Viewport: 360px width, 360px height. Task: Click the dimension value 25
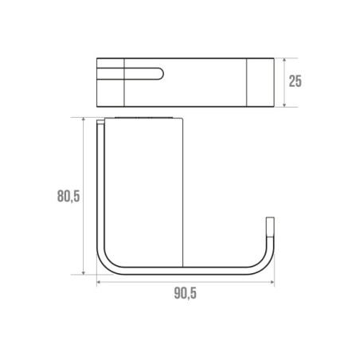(295, 81)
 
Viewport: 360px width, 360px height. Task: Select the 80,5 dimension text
(68, 197)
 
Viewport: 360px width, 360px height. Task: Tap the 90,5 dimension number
(186, 293)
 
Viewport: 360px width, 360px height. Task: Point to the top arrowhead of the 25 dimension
(284, 60)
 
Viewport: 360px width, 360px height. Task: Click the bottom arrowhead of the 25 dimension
(284, 105)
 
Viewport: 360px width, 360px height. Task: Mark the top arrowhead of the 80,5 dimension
(84, 119)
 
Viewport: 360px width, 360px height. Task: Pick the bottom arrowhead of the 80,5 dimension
(84, 272)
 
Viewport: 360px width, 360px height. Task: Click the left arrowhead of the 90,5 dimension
(99, 282)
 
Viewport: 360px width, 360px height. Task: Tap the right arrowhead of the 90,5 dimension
(272, 282)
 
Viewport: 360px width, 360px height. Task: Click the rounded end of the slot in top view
(161, 74)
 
